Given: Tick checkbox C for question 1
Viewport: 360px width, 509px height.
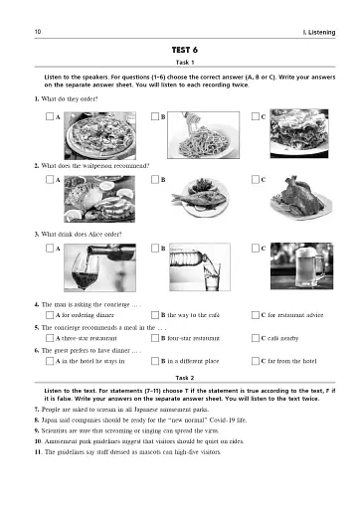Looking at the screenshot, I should tap(257, 116).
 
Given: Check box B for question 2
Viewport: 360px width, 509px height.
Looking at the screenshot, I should tap(152, 181).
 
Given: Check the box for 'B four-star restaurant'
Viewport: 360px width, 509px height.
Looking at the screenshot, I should tap(152, 338).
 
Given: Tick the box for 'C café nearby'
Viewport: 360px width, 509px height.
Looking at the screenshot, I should tap(257, 338).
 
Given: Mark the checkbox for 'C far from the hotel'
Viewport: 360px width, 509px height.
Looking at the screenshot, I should tap(257, 362).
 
